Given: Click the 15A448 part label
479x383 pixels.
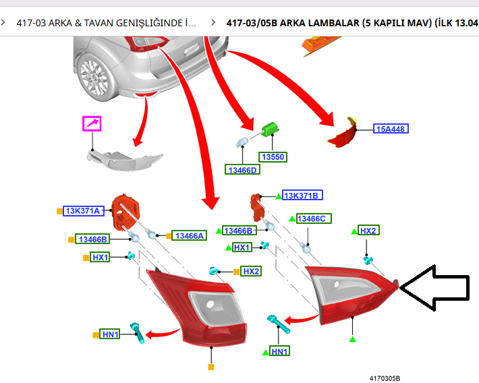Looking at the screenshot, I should coord(391,128).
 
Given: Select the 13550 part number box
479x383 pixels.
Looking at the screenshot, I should coord(273,157).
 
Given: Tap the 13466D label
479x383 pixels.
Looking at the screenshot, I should coord(242,170).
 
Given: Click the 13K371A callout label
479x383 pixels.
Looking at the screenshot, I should coord(83,210).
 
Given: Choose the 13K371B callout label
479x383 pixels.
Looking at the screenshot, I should coord(302,196).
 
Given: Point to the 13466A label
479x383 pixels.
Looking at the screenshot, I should coord(189,235).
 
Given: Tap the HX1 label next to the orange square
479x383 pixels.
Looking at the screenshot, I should coord(100,258).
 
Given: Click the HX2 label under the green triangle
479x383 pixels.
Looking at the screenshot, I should coord(368,231).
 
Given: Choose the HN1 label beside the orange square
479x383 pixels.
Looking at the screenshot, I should coord(110,334).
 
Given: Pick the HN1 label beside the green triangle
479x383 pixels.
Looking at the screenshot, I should coord(279,351).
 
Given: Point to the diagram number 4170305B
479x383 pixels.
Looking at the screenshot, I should coord(389,378).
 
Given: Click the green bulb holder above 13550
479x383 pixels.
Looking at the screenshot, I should coord(270,128).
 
